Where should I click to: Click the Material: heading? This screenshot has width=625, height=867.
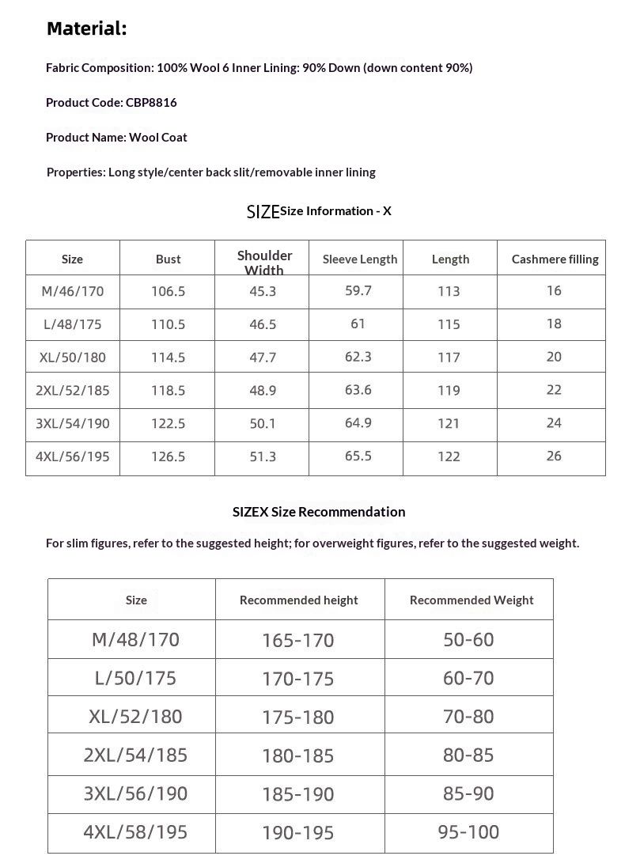(x=86, y=29)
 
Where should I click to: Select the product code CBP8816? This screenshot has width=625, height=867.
(x=151, y=103)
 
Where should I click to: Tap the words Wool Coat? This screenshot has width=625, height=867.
(x=158, y=138)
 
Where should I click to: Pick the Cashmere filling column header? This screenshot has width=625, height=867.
(x=555, y=259)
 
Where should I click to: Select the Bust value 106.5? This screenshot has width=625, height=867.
(x=168, y=292)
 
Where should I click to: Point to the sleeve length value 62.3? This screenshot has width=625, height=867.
(x=358, y=357)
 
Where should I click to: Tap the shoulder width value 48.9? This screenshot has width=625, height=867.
(x=263, y=390)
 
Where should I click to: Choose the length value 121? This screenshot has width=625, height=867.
(x=449, y=423)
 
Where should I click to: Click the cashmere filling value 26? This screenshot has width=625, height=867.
(x=554, y=456)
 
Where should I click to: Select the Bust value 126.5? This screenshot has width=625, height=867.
(x=168, y=456)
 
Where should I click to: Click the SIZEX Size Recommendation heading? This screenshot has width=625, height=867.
(x=319, y=512)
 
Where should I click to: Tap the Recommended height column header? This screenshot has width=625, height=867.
(x=299, y=600)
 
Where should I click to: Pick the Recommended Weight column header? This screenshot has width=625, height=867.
(x=472, y=600)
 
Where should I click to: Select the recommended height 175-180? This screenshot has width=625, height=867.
(x=298, y=717)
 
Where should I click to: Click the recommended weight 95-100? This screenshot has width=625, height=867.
(x=468, y=832)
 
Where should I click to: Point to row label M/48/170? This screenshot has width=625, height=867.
(x=135, y=639)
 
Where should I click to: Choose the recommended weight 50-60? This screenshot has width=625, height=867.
(x=468, y=639)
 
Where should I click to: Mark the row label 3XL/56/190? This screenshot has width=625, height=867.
(x=135, y=793)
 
